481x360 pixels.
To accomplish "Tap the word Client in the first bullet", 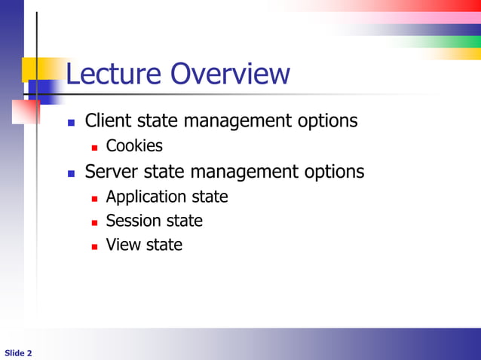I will [109, 121].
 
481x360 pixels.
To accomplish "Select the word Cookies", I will [134, 145].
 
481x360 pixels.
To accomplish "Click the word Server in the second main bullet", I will [111, 172].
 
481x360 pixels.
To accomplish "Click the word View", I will [122, 245].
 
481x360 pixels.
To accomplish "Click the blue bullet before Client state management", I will [72, 122].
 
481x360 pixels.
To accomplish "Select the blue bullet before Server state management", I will [72, 173].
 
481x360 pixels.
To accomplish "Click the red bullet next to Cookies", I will [95, 147].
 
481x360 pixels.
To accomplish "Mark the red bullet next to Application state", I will [95, 198].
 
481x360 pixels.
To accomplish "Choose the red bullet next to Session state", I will [95, 222].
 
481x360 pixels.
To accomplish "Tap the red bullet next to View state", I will [95, 246].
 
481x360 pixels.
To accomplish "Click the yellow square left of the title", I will [33, 69].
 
